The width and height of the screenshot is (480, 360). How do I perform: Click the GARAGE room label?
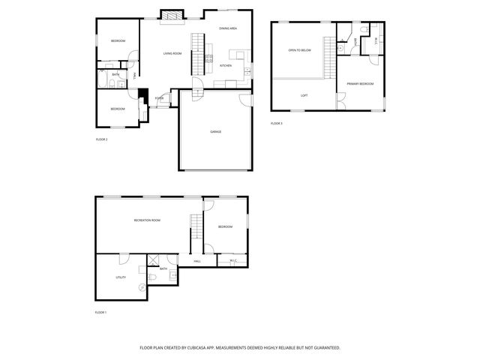click(215, 132)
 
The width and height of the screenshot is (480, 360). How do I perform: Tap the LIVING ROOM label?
click(173, 53)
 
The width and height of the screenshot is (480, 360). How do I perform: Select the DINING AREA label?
click(228, 28)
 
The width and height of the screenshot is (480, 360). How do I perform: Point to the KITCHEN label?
click(226, 66)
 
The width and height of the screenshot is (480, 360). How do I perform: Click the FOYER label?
click(159, 98)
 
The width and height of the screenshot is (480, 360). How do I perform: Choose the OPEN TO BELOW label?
click(299, 50)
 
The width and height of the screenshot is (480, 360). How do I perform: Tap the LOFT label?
click(304, 95)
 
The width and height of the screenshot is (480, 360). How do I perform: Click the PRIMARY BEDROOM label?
click(361, 83)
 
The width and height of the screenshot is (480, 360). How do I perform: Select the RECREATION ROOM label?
click(147, 220)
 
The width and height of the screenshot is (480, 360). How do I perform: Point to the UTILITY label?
click(120, 277)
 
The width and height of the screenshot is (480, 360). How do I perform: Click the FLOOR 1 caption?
click(101, 312)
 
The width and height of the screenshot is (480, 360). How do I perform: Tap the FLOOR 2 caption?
click(102, 139)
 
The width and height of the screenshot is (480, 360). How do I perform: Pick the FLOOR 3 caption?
click(277, 123)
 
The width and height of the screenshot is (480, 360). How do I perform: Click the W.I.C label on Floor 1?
click(233, 261)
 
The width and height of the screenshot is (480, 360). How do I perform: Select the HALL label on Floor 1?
click(196, 261)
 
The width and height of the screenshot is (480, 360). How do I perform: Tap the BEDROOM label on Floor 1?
click(226, 226)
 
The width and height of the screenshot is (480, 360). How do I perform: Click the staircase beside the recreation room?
click(196, 227)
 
